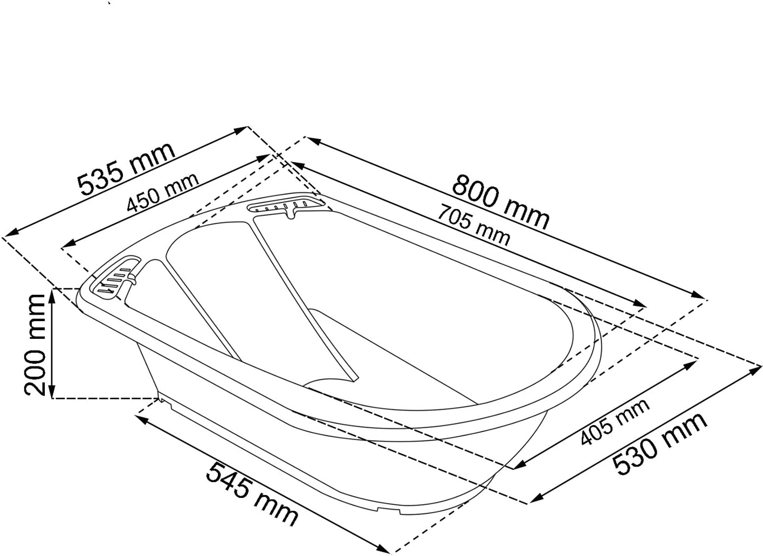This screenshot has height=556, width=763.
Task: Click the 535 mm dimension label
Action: pos(126,169)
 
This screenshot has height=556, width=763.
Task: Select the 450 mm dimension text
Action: pos(162,192)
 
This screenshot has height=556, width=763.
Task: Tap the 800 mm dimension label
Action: pos(501,202)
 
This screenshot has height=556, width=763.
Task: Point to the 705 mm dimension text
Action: pos(473,225)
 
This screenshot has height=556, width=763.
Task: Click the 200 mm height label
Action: pos(35,345)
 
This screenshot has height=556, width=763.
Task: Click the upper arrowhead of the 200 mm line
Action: pos(51,296)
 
